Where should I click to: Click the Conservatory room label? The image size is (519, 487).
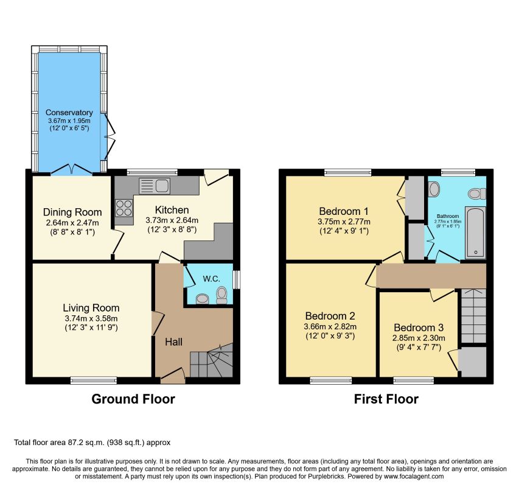click(x=69, y=113)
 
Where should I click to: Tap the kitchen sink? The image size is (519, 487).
click(x=155, y=186)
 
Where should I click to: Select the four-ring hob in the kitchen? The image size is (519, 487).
click(x=124, y=208)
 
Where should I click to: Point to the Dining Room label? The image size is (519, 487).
click(x=72, y=212)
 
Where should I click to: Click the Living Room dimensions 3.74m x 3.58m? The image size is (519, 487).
click(x=91, y=318)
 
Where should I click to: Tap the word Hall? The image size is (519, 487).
click(x=174, y=342)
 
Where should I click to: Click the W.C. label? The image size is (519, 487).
click(x=212, y=279)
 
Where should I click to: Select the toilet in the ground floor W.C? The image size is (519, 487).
click(x=221, y=295)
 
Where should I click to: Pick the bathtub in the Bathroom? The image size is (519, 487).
click(x=475, y=233)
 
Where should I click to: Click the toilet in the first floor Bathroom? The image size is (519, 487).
click(x=476, y=194)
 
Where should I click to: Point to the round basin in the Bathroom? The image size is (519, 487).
click(x=434, y=189)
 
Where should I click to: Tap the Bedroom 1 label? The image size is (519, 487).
click(x=344, y=211)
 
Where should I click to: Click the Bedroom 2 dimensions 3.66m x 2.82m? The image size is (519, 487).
click(x=330, y=326)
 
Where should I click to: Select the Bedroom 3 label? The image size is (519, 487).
click(x=419, y=328)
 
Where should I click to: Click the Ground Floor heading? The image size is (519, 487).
click(x=133, y=399)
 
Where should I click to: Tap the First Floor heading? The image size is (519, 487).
click(x=386, y=399)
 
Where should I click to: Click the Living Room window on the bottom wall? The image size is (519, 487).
click(x=94, y=380)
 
